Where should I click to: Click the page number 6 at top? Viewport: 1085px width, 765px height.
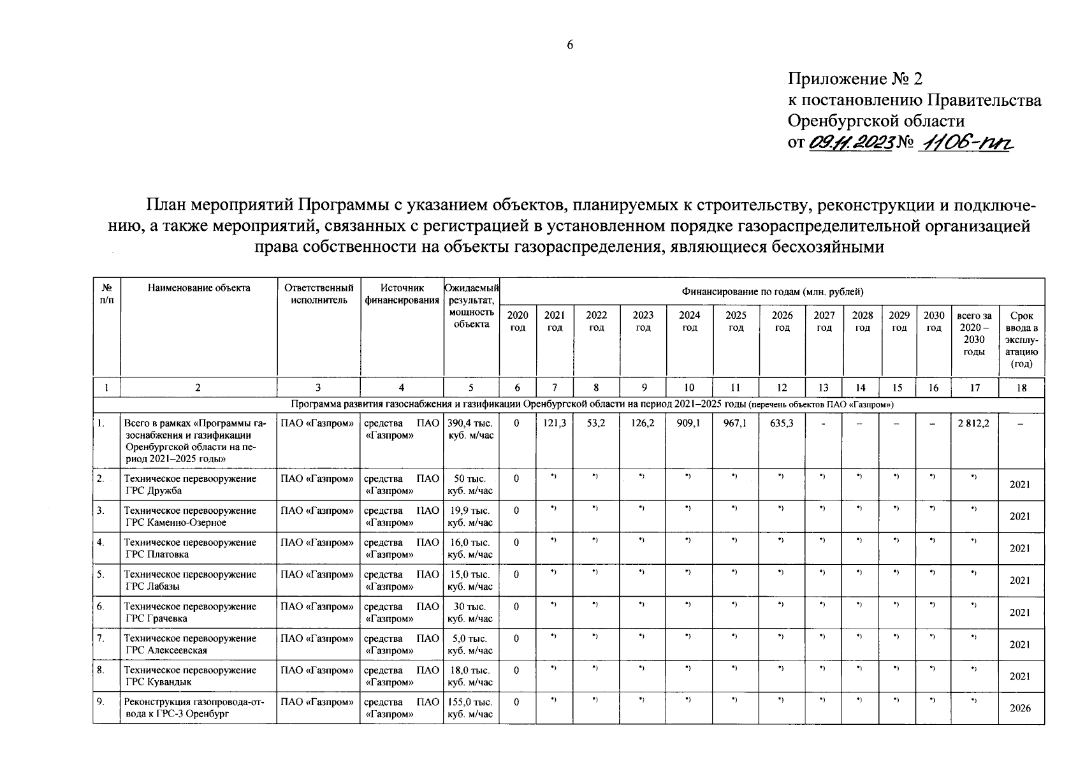pyautogui.click(x=570, y=45)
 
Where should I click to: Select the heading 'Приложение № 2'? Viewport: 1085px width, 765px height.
pyautogui.click(x=855, y=79)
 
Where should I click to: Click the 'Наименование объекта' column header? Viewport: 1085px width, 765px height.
pyautogui.click(x=199, y=288)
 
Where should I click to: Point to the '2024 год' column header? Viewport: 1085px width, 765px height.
pyautogui.click(x=689, y=321)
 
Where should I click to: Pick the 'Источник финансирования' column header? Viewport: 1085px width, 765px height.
pyautogui.click(x=402, y=295)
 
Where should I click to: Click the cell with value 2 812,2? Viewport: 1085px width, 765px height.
pyautogui.click(x=973, y=423)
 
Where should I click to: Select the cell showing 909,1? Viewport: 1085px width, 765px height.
pyautogui.click(x=689, y=423)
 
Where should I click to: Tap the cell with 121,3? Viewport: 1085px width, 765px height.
pyautogui.click(x=555, y=423)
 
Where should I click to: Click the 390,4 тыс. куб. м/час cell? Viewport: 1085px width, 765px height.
pyautogui.click(x=470, y=429)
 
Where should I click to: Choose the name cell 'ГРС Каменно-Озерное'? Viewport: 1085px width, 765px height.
pyautogui.click(x=190, y=516)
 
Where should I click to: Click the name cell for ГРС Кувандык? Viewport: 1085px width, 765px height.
pyautogui.click(x=190, y=676)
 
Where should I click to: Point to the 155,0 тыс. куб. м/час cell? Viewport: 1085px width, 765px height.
pyautogui.click(x=470, y=708)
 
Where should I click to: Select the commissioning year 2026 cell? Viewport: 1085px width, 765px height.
pyautogui.click(x=1020, y=708)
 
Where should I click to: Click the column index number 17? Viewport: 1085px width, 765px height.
pyautogui.click(x=974, y=388)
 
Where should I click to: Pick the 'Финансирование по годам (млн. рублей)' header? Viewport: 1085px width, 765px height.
pyautogui.click(x=772, y=292)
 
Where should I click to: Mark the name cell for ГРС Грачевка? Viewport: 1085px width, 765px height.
pyautogui.click(x=190, y=612)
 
